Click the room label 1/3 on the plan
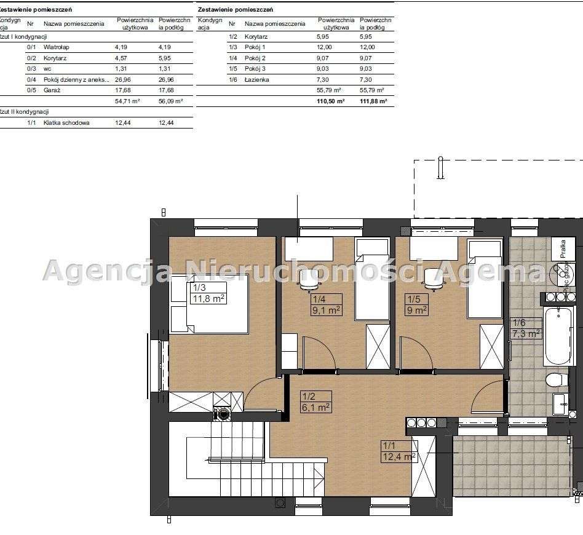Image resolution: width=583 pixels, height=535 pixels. (199, 287)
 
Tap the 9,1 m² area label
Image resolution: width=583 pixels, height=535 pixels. (327, 311)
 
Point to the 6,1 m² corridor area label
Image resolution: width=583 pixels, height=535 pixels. (316, 406)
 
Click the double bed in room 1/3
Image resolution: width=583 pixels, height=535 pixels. (209, 304)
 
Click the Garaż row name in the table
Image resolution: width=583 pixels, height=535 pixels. (52, 90)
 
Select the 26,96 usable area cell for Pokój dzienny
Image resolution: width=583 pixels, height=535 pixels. (124, 79)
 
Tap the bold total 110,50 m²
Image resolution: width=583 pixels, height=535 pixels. (331, 101)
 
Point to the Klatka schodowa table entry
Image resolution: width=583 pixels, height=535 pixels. (66, 123)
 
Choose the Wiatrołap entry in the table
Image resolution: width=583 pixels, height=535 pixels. (55, 47)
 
